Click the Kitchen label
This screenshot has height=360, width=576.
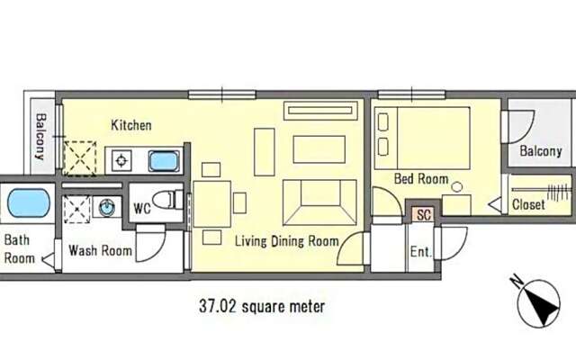131,125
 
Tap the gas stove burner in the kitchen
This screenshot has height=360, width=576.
121,160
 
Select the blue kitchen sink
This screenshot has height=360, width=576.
164,161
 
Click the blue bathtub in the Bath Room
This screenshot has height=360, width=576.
28,203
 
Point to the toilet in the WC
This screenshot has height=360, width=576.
167,200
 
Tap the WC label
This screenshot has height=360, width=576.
142,209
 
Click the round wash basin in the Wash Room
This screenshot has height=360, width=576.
106,208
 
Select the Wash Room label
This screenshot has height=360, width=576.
100,250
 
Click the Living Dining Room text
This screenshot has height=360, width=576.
286,241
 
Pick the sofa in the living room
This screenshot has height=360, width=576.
319,202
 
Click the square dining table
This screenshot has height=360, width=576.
212,204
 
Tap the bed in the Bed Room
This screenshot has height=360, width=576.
422,138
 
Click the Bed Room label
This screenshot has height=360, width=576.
421,179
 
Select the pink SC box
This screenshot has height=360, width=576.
424,214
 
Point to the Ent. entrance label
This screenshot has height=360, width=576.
420,252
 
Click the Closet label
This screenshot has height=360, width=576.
528,204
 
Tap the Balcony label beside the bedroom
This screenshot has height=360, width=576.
541,151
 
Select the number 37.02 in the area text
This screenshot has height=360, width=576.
217,306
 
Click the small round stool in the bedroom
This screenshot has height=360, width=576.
457,186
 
